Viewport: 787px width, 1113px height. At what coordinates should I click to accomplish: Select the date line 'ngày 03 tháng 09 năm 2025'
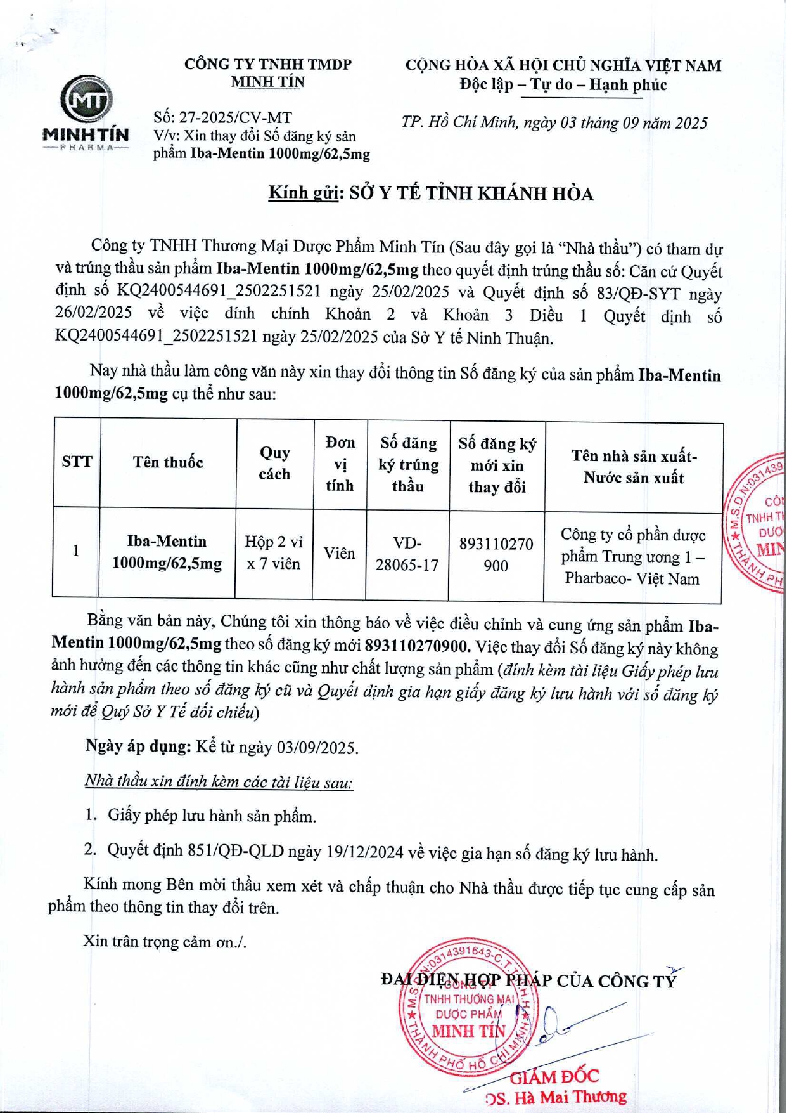(615, 123)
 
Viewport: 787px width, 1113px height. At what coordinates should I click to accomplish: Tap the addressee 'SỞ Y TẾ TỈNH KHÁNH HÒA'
(471, 194)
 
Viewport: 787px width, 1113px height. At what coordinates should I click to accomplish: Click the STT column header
(77, 462)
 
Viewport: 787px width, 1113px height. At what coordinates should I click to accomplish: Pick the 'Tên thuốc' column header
(168, 462)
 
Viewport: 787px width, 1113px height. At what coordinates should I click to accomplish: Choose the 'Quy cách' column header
(274, 463)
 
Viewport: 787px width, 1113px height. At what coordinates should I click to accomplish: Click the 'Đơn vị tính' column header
(340, 464)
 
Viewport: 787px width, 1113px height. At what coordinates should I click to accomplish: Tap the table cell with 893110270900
(496, 554)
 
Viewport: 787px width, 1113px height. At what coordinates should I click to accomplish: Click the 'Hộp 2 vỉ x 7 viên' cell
(274, 552)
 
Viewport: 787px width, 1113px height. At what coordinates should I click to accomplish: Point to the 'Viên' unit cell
(339, 553)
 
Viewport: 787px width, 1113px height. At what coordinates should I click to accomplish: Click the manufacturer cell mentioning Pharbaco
(632, 556)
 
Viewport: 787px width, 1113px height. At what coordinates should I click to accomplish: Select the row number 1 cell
(76, 550)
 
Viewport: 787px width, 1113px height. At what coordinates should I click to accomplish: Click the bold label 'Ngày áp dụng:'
(138, 746)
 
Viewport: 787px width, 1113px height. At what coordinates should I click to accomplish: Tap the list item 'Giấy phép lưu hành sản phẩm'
(212, 816)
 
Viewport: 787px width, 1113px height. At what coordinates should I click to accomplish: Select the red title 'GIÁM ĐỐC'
(554, 1076)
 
